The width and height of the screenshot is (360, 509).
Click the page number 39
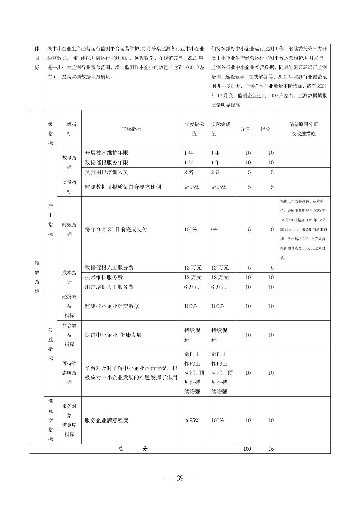pos(180,478)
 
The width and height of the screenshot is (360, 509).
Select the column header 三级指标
pos(131,129)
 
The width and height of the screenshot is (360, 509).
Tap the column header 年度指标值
pos(194,129)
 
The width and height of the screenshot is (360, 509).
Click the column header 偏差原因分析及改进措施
pos(303,129)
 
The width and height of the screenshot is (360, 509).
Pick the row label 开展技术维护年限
pos(107,153)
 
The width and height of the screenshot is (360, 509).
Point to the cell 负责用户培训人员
pos(107,172)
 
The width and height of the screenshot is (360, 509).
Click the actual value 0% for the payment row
pos(214,230)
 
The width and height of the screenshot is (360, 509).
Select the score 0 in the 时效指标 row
pos(272,230)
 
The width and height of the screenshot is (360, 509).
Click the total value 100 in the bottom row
pos(247,449)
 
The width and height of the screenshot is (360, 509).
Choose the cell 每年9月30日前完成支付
pos(116,230)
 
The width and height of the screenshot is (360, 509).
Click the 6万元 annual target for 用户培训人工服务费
pos(192,287)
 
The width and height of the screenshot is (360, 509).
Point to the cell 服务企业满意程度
pos(107,420)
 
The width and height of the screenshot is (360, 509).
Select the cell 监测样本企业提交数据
pos(112,306)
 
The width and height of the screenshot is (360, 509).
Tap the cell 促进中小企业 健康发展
pos(113,335)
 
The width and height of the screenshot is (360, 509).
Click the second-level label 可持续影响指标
pos(69,373)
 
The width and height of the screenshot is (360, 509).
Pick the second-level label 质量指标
pos(69,187)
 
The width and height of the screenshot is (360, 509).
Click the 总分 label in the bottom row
pos(133,449)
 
